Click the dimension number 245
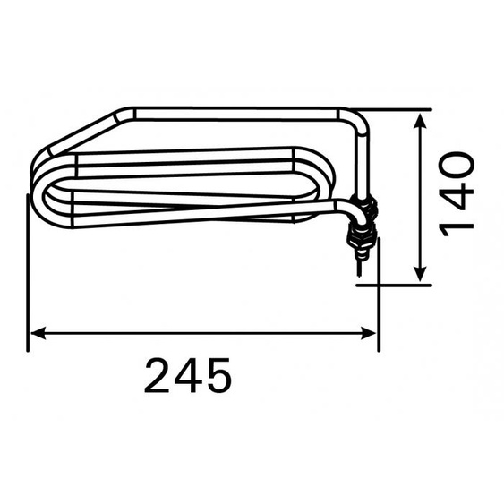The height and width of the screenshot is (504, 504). pyautogui.click(x=188, y=376)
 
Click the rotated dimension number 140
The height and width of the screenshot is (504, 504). pyautogui.click(x=457, y=192)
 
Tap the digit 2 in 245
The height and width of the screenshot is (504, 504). pyautogui.click(x=158, y=376)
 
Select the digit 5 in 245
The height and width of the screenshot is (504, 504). pyautogui.click(x=218, y=376)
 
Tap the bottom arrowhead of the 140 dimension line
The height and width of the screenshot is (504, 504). pyautogui.click(x=419, y=276)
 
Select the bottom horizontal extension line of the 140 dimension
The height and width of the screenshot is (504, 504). pyautogui.click(x=394, y=286)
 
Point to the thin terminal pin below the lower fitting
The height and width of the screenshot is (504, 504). pyautogui.click(x=357, y=263)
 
